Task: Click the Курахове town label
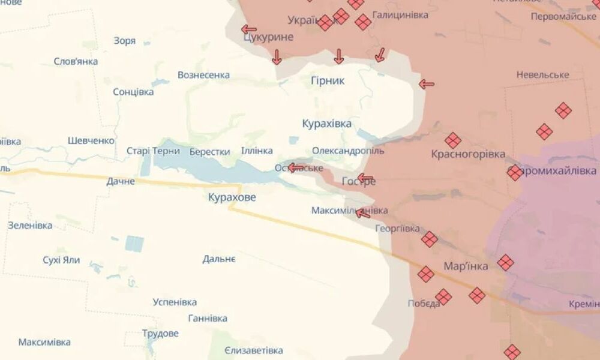[232, 197]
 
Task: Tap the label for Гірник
[328, 80]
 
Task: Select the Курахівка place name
[327, 124]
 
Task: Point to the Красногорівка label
[468, 154]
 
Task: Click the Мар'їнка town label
[466, 266]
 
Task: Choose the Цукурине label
[269, 38]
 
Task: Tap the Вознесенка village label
[203, 75]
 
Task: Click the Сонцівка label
[133, 92]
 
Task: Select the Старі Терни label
[153, 151]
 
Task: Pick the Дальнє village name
[219, 259]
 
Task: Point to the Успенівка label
[175, 302]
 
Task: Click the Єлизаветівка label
[254, 350]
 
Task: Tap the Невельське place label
[542, 74]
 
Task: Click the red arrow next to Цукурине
[248, 29]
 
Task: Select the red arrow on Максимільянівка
[362, 212]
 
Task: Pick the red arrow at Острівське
[296, 167]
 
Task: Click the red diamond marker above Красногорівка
[453, 140]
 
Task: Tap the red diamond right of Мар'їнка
[506, 262]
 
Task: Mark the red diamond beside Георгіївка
[429, 239]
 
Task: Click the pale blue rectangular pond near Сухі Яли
[134, 244]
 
